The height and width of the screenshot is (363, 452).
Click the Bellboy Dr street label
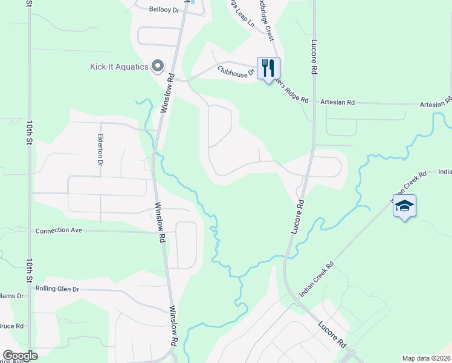click(x=165, y=9)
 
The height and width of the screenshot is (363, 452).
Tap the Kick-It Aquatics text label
click(x=120, y=67)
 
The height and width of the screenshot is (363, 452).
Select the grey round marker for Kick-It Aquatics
click(x=158, y=66)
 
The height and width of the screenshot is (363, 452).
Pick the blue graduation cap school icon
click(x=404, y=207)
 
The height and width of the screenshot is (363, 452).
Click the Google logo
click(x=20, y=356)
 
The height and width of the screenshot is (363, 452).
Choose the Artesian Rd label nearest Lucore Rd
click(x=337, y=102)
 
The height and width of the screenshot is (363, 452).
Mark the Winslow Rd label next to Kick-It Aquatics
click(x=167, y=93)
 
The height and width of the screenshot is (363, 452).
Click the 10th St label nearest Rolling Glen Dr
click(x=29, y=270)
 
